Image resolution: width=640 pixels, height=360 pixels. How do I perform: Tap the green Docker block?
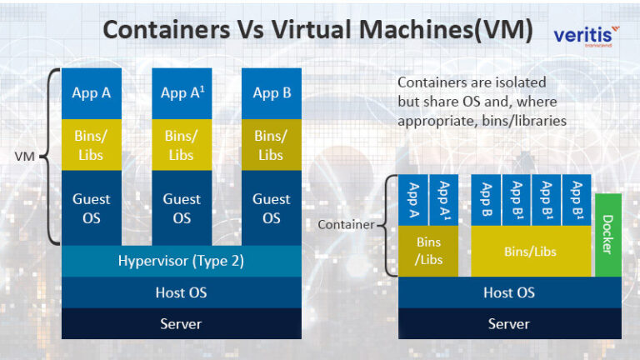tap(607, 235)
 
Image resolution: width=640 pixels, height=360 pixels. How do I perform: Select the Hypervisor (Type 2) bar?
tap(181, 262)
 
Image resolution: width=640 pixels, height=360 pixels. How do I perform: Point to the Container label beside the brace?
tap(346, 224)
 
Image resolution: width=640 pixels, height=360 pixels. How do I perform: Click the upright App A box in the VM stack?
tap(92, 93)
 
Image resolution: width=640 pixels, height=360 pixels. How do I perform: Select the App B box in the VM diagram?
tap(271, 93)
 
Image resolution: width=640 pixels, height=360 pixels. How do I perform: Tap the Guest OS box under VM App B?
tap(271, 208)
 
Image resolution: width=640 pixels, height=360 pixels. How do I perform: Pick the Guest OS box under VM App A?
tap(92, 208)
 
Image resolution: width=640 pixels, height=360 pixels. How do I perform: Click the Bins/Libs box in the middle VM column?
tap(181, 144)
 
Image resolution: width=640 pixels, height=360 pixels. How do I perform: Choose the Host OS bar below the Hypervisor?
tap(181, 292)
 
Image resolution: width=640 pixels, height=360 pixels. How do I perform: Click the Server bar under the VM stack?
tap(181, 323)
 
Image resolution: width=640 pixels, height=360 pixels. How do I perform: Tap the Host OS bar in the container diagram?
tap(509, 292)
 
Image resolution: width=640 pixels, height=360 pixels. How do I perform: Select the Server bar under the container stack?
tap(509, 323)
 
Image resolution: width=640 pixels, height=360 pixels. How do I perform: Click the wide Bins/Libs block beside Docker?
tap(531, 251)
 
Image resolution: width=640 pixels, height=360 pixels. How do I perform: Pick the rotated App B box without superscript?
tap(487, 199)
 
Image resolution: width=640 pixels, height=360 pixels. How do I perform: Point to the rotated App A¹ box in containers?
tap(443, 199)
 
